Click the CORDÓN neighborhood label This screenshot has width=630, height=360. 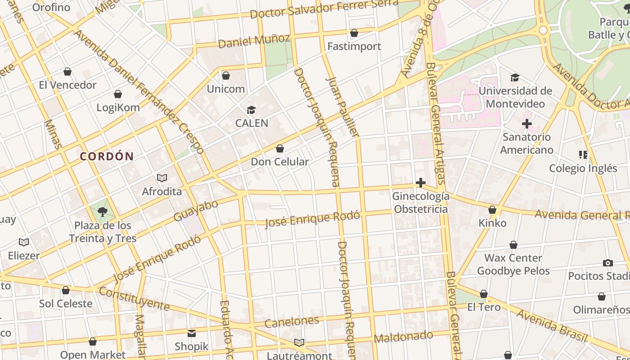click(x=107, y=157)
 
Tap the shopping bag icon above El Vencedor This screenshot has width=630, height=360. click(x=67, y=72)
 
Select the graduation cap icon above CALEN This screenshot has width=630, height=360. click(x=251, y=110)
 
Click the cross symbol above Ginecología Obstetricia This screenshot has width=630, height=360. click(x=420, y=183)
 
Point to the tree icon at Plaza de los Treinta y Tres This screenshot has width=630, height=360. click(x=103, y=211)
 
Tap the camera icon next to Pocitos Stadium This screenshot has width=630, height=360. click(x=608, y=263)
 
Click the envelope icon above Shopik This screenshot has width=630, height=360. click(x=192, y=333)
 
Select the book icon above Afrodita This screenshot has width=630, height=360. click(x=162, y=178)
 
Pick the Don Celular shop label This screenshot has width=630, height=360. click(x=279, y=162)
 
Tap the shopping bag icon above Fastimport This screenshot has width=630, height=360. click(x=354, y=33)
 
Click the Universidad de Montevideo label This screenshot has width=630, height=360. click(x=515, y=97)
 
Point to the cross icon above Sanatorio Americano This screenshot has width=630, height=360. click(x=527, y=123)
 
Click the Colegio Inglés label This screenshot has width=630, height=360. click(x=583, y=168)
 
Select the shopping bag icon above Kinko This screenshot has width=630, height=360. click(x=492, y=210)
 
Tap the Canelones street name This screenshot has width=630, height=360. click(x=292, y=322)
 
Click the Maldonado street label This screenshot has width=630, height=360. click(x=403, y=336)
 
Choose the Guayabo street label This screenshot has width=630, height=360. click(x=196, y=211)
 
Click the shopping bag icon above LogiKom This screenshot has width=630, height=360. click(x=118, y=94)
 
